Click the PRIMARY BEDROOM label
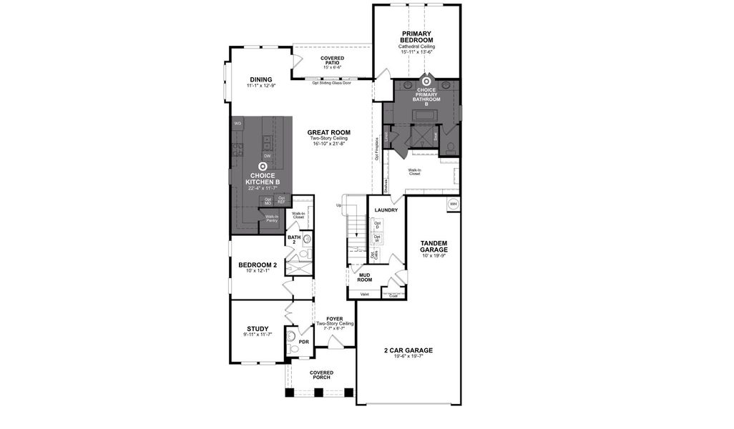click(x=416, y=37)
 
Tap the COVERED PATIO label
click(x=332, y=60)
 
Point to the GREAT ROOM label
click(x=328, y=132)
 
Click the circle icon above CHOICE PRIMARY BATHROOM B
click(x=426, y=82)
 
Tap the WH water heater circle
click(x=453, y=204)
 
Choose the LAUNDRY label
click(x=386, y=210)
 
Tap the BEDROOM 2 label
click(x=257, y=265)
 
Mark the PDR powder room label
click(x=303, y=342)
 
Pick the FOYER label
click(x=335, y=319)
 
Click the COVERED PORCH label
click(x=321, y=375)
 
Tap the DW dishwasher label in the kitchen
click(x=267, y=155)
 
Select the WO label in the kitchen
click(x=238, y=123)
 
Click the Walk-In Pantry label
click(x=272, y=219)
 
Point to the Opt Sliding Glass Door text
click(x=331, y=83)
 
